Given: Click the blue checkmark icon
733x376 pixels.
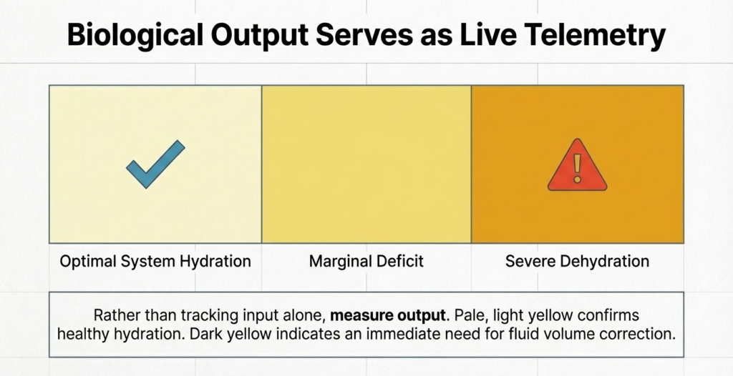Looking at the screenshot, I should pyautogui.click(x=155, y=164).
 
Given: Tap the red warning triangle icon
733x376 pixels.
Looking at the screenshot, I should pyautogui.click(x=577, y=166).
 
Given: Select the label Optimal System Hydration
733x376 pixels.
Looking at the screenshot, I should pyautogui.click(x=155, y=261).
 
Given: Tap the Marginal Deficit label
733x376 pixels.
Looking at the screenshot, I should pyautogui.click(x=366, y=261).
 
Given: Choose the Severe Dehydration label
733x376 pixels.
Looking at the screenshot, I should pyautogui.click(x=577, y=261).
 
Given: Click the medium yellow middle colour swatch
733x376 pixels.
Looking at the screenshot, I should pyautogui.click(x=366, y=164).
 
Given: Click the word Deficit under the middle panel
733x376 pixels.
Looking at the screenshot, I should pyautogui.click(x=400, y=261).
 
